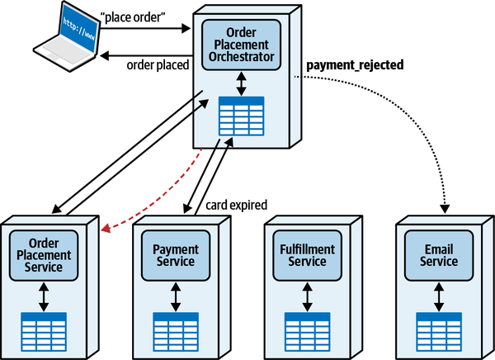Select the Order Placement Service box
click(x=44, y=255)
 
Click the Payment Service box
click(x=174, y=255)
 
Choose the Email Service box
click(x=439, y=255)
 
